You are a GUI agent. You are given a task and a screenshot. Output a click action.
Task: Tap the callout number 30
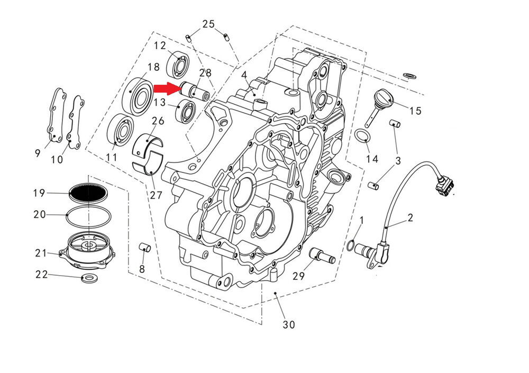pyautogui.click(x=288, y=324)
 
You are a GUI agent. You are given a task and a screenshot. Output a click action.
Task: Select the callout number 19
pyautogui.click(x=39, y=193)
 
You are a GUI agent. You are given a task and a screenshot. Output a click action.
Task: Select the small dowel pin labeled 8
pyautogui.click(x=144, y=248)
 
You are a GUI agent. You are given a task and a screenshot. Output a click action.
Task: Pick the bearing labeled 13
pyautogui.click(x=186, y=111)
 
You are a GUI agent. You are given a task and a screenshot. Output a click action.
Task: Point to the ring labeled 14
pyautogui.click(x=361, y=137)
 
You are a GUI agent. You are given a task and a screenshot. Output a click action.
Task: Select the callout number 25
pyautogui.click(x=208, y=24)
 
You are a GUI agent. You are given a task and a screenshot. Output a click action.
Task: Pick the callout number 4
pyautogui.click(x=244, y=76)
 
